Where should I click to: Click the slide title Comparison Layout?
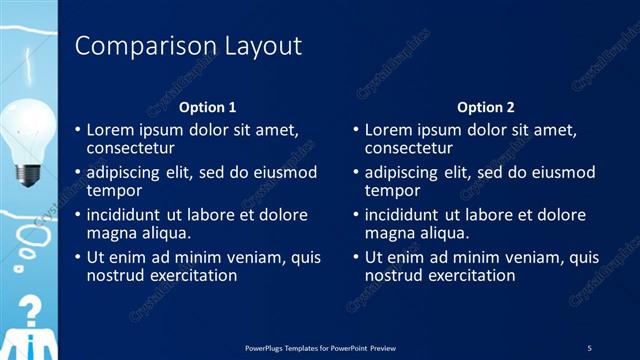point(189,46)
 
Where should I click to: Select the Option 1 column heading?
point(208,107)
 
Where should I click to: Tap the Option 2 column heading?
point(486,107)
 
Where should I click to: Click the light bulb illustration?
point(27,135)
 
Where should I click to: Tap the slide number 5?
point(589,347)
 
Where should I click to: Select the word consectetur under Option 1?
point(132,148)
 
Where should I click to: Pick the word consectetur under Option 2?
point(410,148)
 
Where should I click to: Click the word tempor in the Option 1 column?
point(113,190)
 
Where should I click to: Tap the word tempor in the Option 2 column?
point(391,190)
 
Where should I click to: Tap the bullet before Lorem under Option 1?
point(78,130)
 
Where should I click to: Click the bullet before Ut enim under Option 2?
point(356,257)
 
